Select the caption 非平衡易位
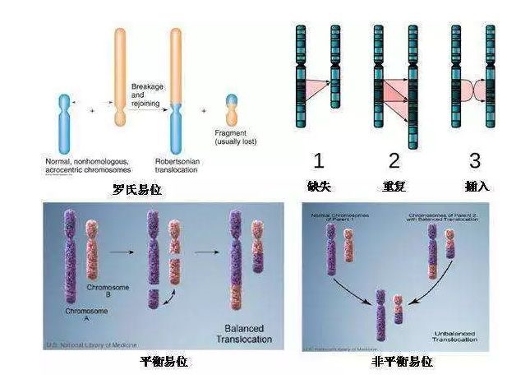(402, 362)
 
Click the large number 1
(319, 159)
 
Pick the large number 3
(474, 159)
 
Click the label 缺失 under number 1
(318, 187)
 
